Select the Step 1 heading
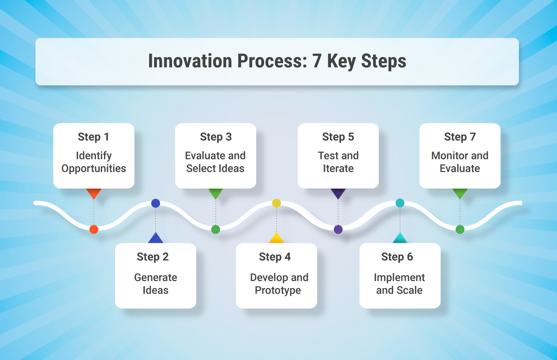[94, 137]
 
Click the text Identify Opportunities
[94, 162]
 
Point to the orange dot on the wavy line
[94, 229]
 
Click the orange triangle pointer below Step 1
[94, 193]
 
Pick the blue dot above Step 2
[155, 203]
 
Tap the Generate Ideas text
[155, 284]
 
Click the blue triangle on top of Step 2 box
[155, 238]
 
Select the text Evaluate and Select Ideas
[215, 162]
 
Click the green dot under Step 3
[215, 229]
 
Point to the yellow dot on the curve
[277, 203]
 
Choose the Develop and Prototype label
[279, 284]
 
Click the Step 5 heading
[338, 137]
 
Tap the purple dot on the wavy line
[338, 229]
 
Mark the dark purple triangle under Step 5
[338, 193]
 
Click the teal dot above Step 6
[400, 203]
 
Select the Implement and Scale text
[399, 284]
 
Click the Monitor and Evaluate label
[460, 162]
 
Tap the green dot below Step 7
[460, 229]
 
